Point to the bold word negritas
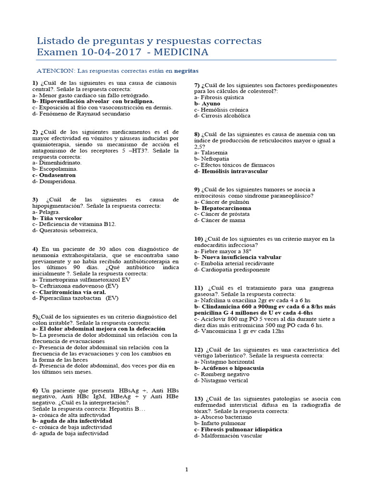point(186,70)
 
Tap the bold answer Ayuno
point(210,103)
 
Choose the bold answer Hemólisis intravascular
point(235,171)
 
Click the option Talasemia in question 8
point(215,152)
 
